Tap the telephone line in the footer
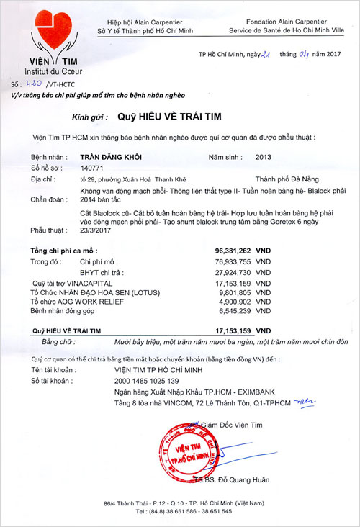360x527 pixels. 179,512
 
